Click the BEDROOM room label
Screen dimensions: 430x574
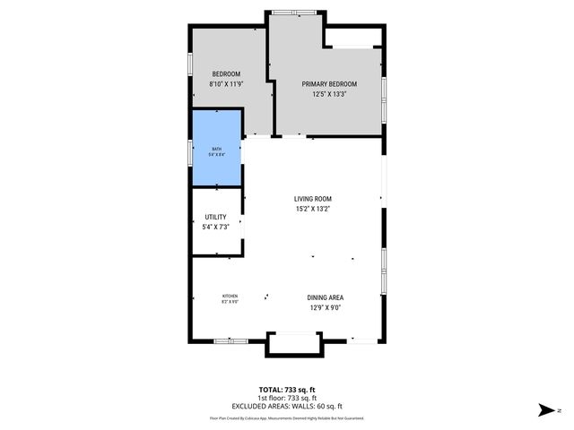click(x=226, y=73)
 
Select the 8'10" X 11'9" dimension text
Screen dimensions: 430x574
click(x=226, y=84)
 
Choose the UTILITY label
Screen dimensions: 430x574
click(x=216, y=217)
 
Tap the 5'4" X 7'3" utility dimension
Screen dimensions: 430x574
click(x=216, y=228)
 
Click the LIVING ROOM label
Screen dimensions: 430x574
click(x=313, y=199)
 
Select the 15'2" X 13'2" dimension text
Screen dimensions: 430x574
click(x=313, y=210)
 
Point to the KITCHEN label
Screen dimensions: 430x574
click(x=230, y=297)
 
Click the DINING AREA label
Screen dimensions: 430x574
click(x=326, y=298)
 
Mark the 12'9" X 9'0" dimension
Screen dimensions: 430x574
click(x=326, y=308)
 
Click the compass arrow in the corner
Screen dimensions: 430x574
click(x=544, y=410)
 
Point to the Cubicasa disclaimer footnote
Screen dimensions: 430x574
click(x=286, y=418)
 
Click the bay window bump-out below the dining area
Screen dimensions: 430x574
click(x=293, y=345)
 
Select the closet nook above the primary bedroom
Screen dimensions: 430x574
click(x=354, y=37)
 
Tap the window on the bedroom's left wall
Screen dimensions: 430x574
click(x=190, y=68)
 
